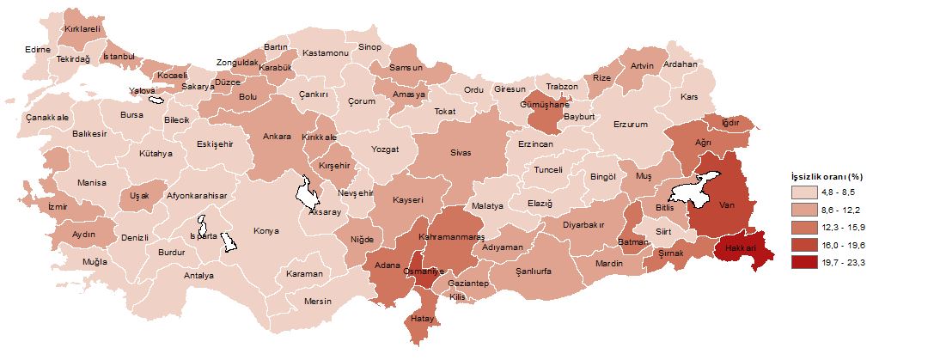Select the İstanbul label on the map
(x=119, y=57)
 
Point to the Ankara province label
(x=276, y=137)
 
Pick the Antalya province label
(x=198, y=276)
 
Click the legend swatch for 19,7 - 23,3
(x=803, y=263)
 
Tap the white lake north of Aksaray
(x=305, y=192)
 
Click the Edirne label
(x=38, y=49)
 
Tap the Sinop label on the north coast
(x=369, y=46)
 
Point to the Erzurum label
(x=630, y=124)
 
